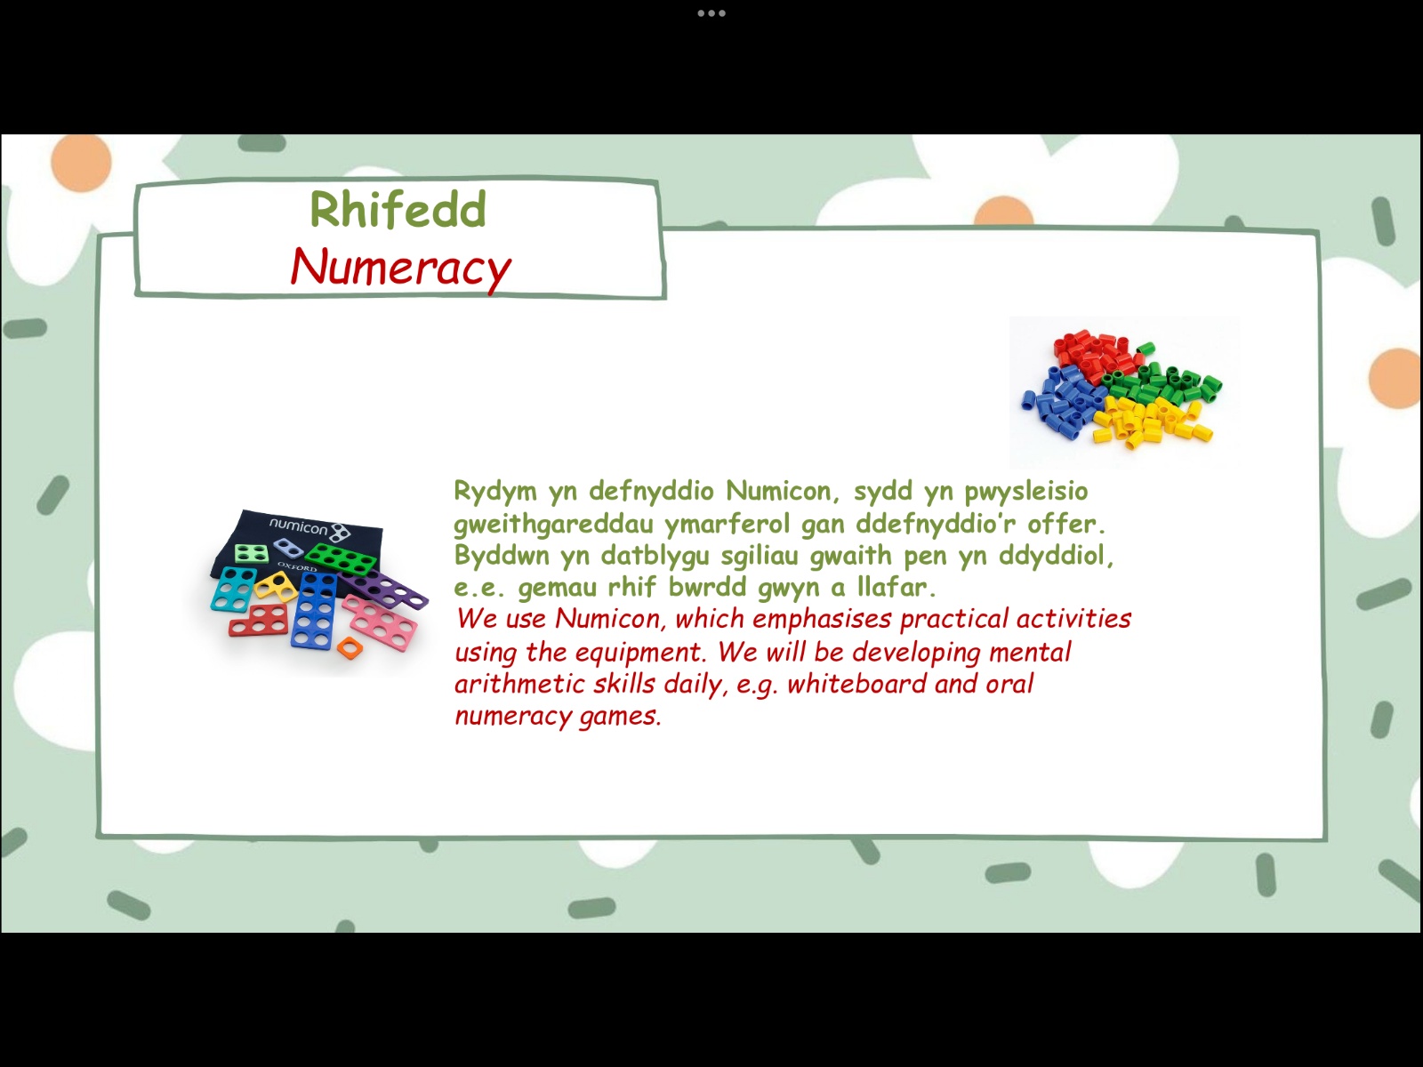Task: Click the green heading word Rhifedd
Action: pos(398,209)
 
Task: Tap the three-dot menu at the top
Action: pos(711,13)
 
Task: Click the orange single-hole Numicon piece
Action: pos(350,647)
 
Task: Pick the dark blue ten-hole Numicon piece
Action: pos(315,610)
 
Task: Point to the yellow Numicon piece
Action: pos(275,585)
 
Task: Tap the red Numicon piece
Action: pos(259,621)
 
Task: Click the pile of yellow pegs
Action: pos(1152,421)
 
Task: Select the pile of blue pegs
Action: pos(1063,402)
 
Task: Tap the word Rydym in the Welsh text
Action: pos(495,492)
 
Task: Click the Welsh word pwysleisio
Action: pos(1026,492)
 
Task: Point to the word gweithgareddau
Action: pos(553,524)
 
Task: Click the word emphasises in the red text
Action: pos(822,620)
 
